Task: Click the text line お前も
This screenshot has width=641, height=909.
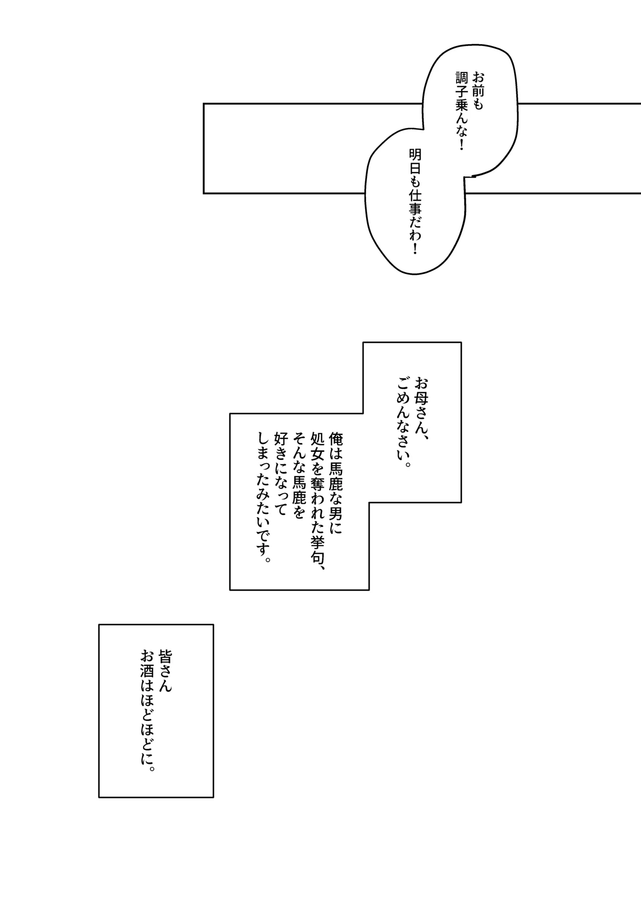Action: pos(478,92)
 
